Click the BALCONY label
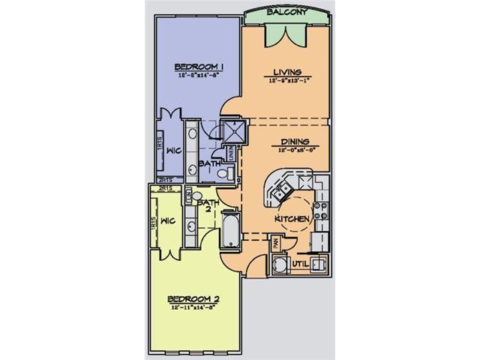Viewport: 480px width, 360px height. click(x=285, y=13)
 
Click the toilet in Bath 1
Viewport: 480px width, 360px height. click(x=221, y=173)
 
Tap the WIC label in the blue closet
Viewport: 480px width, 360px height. click(x=172, y=149)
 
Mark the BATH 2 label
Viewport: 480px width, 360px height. click(x=206, y=204)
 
